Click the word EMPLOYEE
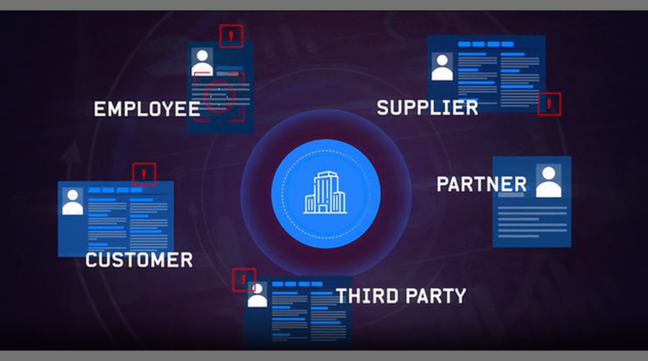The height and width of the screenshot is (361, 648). [x=147, y=109]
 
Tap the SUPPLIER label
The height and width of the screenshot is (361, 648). [x=427, y=108]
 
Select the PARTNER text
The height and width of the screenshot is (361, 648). [x=482, y=184]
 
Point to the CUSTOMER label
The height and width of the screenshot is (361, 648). [x=139, y=260]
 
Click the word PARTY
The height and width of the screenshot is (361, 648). [x=435, y=296]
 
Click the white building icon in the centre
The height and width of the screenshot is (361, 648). [x=326, y=192]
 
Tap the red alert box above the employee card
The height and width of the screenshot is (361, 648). [x=232, y=36]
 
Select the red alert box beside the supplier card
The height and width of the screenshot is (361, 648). [x=549, y=104]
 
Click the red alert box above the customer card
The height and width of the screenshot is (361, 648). [x=144, y=174]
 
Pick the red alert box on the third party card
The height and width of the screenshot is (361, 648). [x=244, y=279]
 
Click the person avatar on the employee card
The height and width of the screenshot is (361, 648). [x=202, y=62]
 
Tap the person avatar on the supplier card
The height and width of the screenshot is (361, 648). [x=442, y=67]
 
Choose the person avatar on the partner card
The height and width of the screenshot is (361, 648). [x=549, y=181]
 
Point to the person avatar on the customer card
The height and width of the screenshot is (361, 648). [x=73, y=202]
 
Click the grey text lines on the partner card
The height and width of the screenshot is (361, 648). [x=532, y=222]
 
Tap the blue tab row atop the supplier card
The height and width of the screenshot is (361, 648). [x=486, y=44]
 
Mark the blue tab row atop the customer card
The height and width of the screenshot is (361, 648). [x=115, y=190]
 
